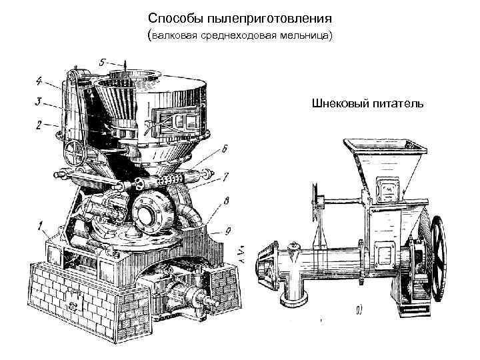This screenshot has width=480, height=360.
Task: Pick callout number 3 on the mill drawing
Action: click(x=39, y=102)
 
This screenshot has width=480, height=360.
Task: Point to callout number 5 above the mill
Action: click(x=102, y=61)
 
